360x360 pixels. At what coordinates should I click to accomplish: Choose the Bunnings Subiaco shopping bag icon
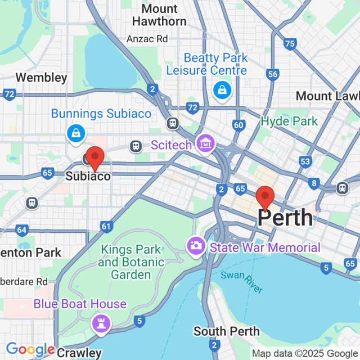pos(75,133)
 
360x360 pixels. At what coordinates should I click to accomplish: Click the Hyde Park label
pos(289,121)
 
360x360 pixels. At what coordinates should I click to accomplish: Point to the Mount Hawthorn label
pos(159,16)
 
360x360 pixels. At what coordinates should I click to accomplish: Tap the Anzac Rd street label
pos(147,39)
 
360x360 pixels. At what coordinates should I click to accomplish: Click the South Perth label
pos(227,331)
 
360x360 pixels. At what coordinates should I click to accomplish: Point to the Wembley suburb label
pos(41,78)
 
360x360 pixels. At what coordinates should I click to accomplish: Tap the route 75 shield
pos(290,43)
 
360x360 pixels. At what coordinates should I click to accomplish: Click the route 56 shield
pos(273,74)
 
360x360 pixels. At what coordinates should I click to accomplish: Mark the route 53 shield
pos(305,162)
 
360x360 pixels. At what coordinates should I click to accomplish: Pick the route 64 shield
pos(22,229)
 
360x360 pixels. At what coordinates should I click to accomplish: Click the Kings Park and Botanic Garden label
pos(130,262)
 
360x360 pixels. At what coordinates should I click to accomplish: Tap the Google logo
pos(30,349)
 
